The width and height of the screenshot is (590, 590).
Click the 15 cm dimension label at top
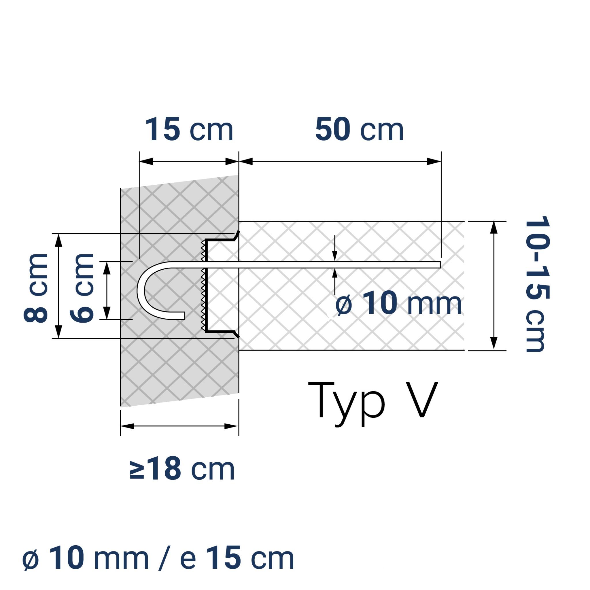[x=189, y=130]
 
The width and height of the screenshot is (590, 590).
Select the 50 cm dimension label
[x=359, y=130]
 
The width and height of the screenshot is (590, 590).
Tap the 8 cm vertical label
[x=36, y=288]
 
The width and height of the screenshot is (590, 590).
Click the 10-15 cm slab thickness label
[x=537, y=284]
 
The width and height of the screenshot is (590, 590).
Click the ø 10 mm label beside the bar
[x=398, y=304]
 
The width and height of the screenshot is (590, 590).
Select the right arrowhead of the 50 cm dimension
[x=434, y=162]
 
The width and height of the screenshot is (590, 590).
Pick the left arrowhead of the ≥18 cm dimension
[x=128, y=426]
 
